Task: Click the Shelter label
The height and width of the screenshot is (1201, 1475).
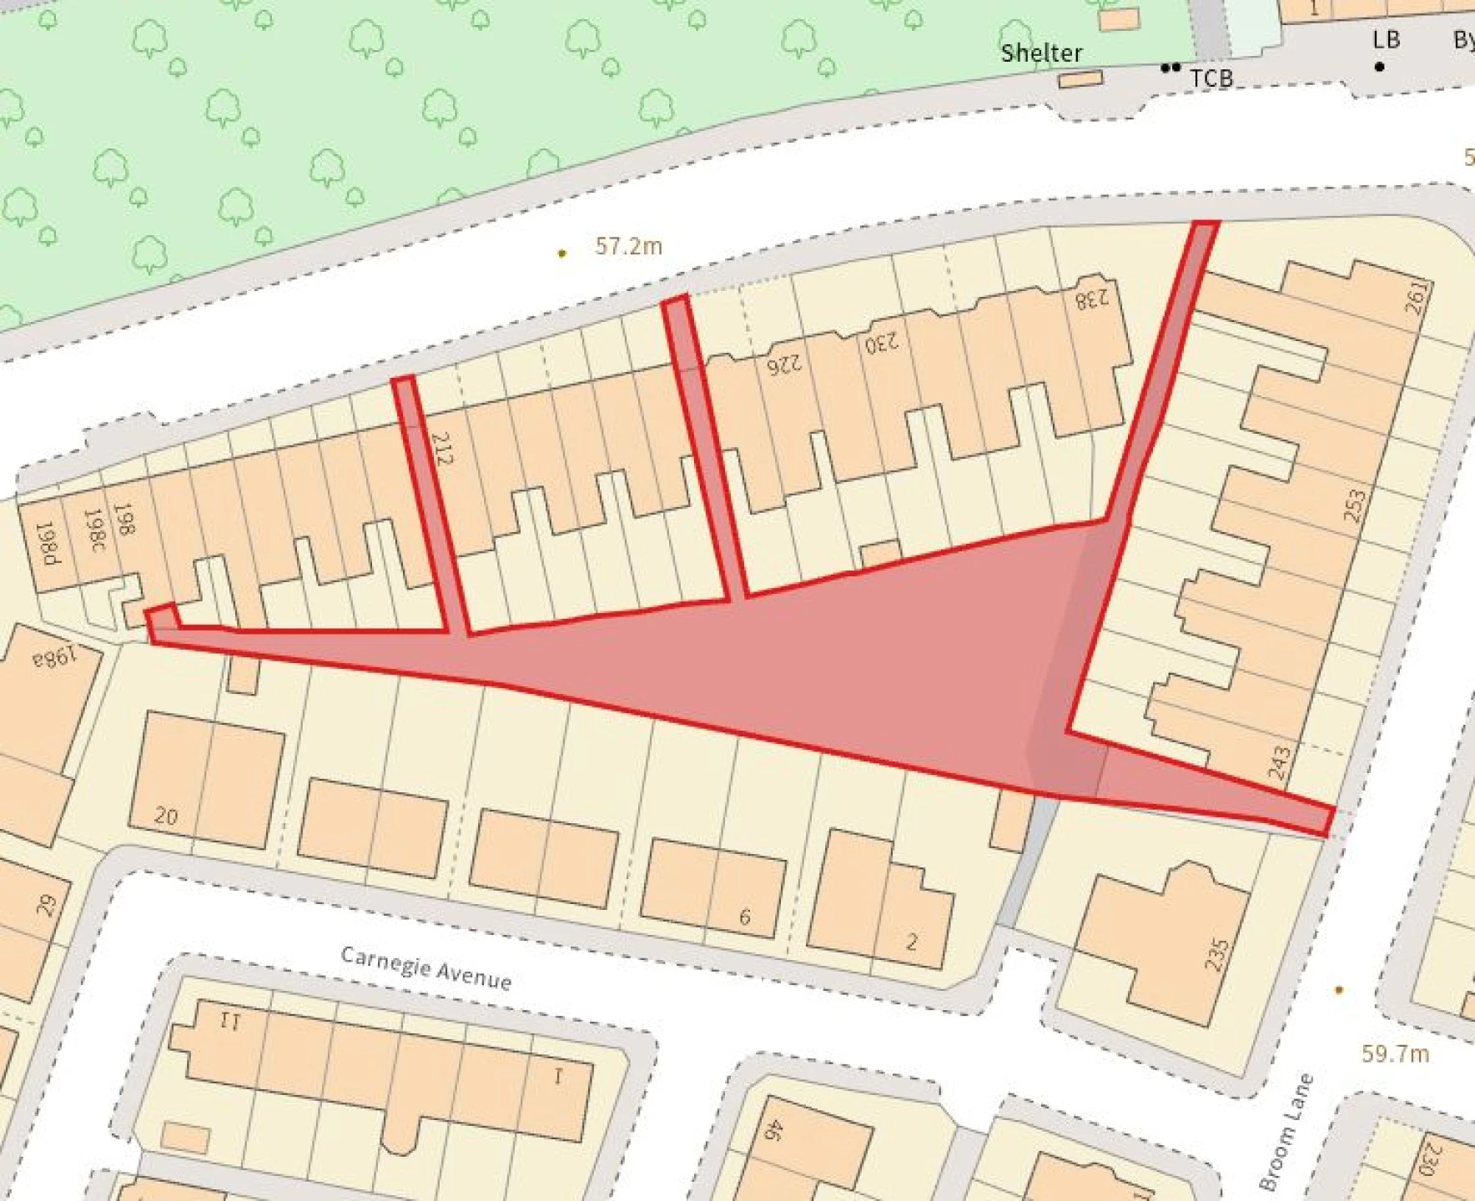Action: pos(1041,53)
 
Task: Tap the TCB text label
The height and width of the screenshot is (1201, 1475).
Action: pos(1211,78)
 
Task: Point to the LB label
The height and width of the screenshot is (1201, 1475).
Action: pos(1386,40)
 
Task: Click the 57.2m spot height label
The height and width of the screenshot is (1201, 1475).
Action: pos(628,246)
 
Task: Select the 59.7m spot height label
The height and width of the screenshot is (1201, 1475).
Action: pos(1395,1053)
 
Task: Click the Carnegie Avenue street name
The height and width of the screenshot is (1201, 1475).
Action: pos(426,967)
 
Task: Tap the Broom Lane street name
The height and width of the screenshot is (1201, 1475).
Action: pos(1286,1131)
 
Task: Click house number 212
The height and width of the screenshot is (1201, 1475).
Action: pos(442,448)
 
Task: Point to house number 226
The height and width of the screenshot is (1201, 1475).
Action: pos(784,364)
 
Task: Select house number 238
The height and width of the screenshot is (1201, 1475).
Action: pos(1092,299)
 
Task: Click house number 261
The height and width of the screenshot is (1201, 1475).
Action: pos(1416,298)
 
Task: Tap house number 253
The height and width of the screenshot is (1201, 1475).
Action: pos(1355,505)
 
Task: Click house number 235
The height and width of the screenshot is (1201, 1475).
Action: pos(1217,954)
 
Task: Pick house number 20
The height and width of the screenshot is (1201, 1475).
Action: pos(166,816)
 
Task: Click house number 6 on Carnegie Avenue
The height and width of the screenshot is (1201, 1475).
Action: pos(745,917)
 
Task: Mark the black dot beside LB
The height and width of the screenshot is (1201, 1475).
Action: pos(1380,67)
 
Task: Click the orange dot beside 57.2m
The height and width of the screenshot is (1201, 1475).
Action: pos(562,253)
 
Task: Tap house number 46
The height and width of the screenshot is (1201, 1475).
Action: pos(773,1130)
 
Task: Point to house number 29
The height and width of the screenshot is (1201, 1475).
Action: pos(47,905)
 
